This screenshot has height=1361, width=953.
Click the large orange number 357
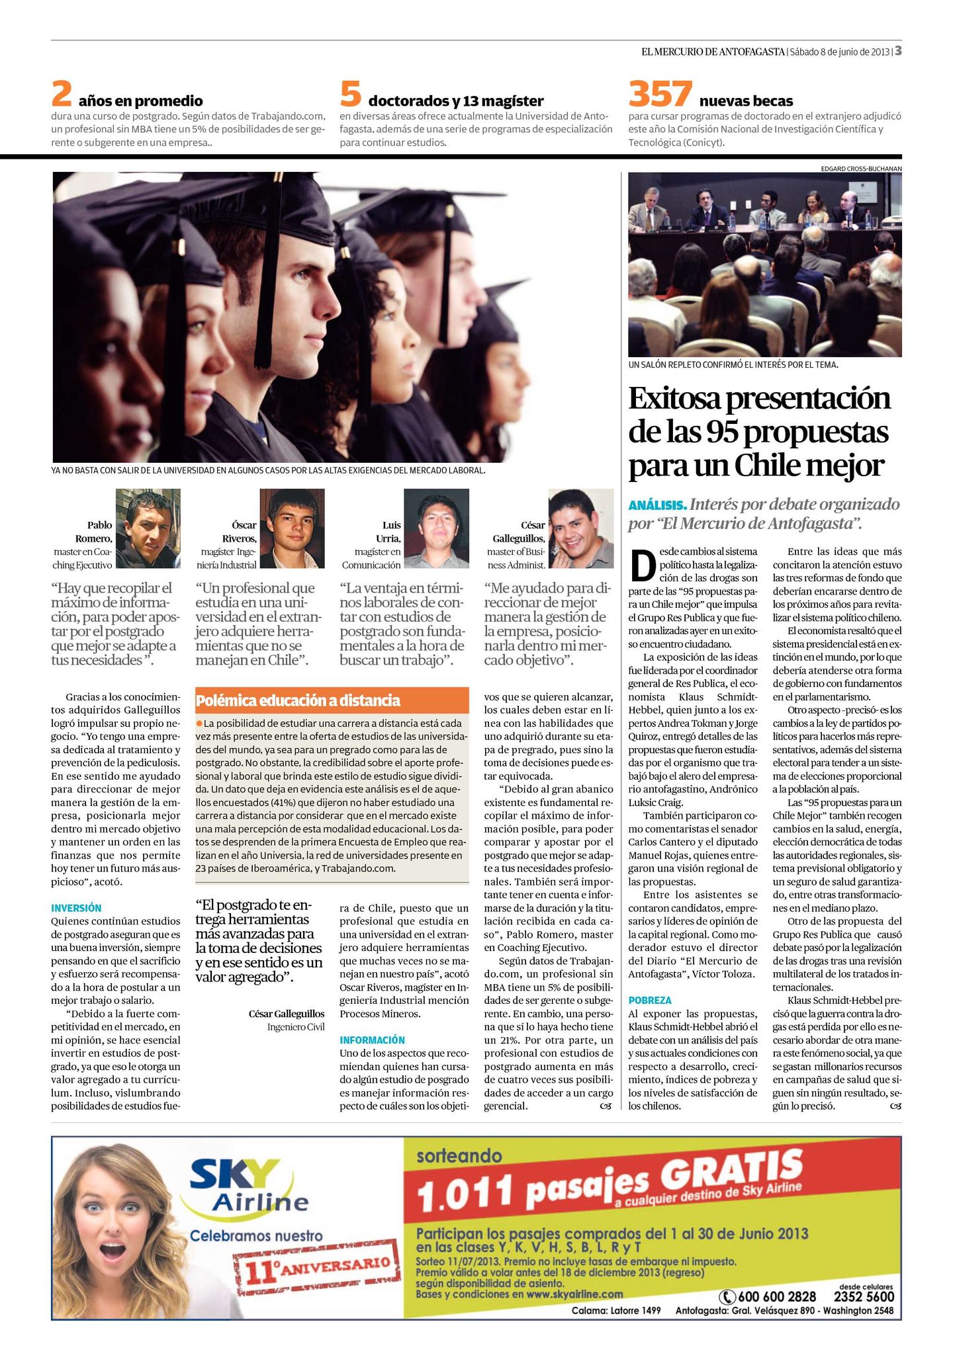point(660,94)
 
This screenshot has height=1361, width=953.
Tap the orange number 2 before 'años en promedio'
point(61,95)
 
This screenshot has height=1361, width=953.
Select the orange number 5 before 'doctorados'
point(350,95)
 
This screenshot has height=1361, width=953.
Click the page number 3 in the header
point(898,51)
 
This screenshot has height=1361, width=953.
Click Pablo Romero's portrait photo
point(148,528)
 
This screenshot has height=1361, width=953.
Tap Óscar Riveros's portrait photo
point(292,528)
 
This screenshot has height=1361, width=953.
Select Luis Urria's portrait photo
point(436,528)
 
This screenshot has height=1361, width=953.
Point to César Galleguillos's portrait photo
point(580,528)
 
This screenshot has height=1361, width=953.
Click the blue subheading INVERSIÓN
point(76,908)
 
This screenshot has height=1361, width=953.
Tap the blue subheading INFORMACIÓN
point(372,1040)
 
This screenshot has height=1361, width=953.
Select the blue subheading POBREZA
point(650,1001)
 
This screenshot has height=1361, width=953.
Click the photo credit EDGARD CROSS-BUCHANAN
point(860,169)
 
